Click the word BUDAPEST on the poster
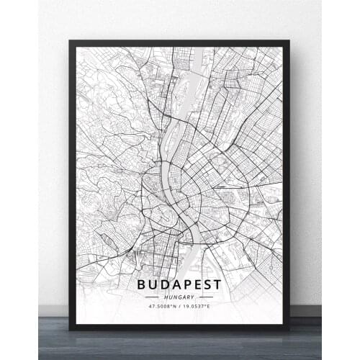[x=179, y=284]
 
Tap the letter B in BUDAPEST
[x=140, y=284]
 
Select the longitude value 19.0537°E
[x=196, y=305]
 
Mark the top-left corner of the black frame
[x=70, y=41]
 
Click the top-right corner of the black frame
[x=289, y=41]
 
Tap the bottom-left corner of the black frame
[x=70, y=329]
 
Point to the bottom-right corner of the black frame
[x=289, y=329]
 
